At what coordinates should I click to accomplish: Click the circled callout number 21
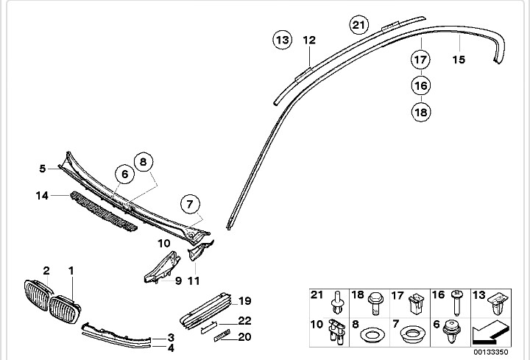(359, 25)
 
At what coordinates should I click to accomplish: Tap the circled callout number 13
(282, 40)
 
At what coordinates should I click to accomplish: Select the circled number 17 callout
(421, 60)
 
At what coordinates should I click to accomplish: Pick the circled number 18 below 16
(421, 112)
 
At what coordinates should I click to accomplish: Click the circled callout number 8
(144, 162)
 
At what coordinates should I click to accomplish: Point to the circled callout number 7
(190, 204)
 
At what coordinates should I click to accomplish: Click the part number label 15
(459, 60)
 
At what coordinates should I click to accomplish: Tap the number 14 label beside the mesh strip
(42, 195)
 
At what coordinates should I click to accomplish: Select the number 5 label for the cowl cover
(42, 169)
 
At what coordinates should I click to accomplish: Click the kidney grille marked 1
(65, 309)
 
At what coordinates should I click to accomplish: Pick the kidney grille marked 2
(38, 294)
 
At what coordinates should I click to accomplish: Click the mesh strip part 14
(104, 211)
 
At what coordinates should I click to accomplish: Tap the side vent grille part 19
(205, 311)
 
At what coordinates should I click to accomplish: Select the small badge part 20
(222, 335)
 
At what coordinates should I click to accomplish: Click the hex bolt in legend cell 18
(375, 303)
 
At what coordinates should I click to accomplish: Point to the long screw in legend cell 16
(457, 302)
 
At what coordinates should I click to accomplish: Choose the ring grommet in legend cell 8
(372, 335)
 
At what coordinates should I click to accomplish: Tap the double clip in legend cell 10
(337, 332)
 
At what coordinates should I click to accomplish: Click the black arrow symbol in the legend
(491, 335)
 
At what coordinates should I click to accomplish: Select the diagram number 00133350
(490, 352)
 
